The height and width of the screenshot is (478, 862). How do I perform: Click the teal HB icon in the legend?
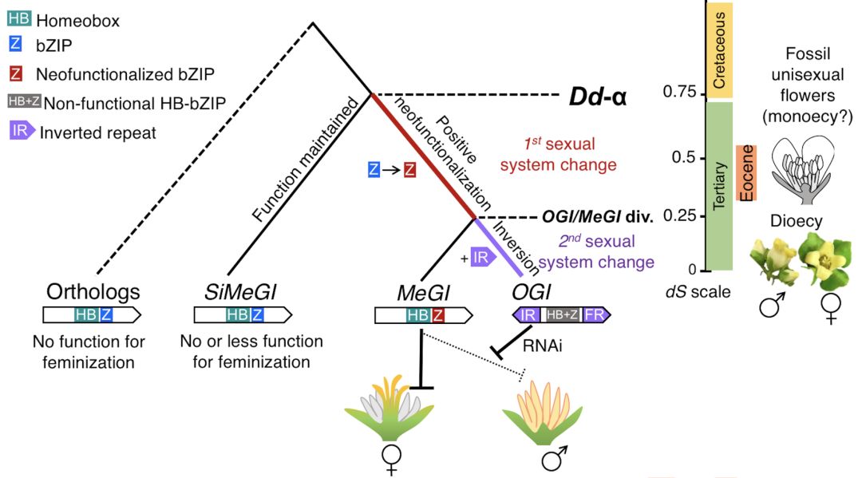[18, 21]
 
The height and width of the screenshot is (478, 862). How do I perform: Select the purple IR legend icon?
[21, 131]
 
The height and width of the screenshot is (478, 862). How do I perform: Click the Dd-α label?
[597, 98]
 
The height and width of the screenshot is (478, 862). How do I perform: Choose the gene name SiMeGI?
[234, 292]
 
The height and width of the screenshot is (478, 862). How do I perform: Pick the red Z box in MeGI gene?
[439, 316]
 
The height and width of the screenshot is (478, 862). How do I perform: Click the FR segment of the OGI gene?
[594, 316]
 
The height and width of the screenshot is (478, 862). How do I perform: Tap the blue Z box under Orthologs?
[106, 314]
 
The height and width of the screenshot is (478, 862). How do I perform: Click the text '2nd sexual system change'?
[596, 251]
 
